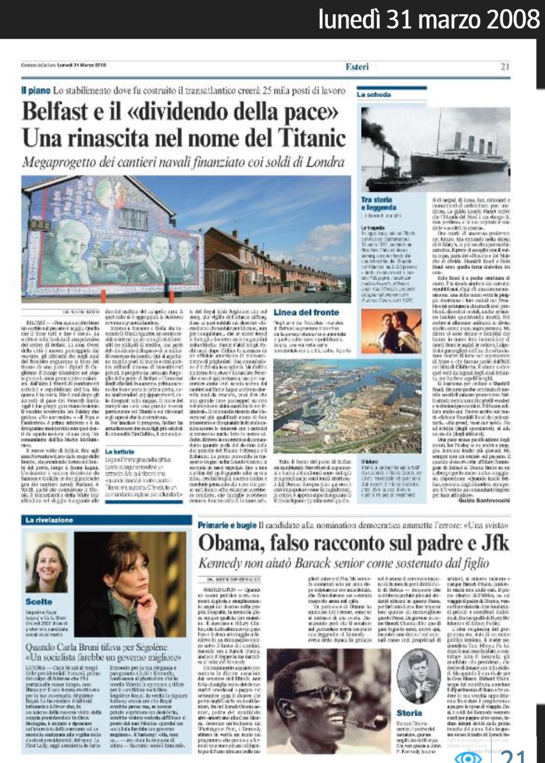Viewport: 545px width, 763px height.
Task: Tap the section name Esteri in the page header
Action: tap(357, 66)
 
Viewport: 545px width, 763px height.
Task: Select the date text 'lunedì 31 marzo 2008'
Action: tap(429, 19)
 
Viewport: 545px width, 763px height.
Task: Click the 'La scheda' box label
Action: tap(374, 95)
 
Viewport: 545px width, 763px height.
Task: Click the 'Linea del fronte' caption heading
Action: tap(306, 312)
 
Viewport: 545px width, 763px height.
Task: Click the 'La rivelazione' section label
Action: tap(49, 520)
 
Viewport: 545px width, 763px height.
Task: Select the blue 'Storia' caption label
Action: tap(409, 713)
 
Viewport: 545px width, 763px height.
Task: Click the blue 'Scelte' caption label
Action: tap(39, 601)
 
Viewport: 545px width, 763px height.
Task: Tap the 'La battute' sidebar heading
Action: tap(119, 451)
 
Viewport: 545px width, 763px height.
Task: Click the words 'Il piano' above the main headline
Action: tap(35, 90)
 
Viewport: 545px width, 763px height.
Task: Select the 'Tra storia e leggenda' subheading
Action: tap(378, 203)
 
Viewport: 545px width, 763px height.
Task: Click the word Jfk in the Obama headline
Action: tap(495, 542)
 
